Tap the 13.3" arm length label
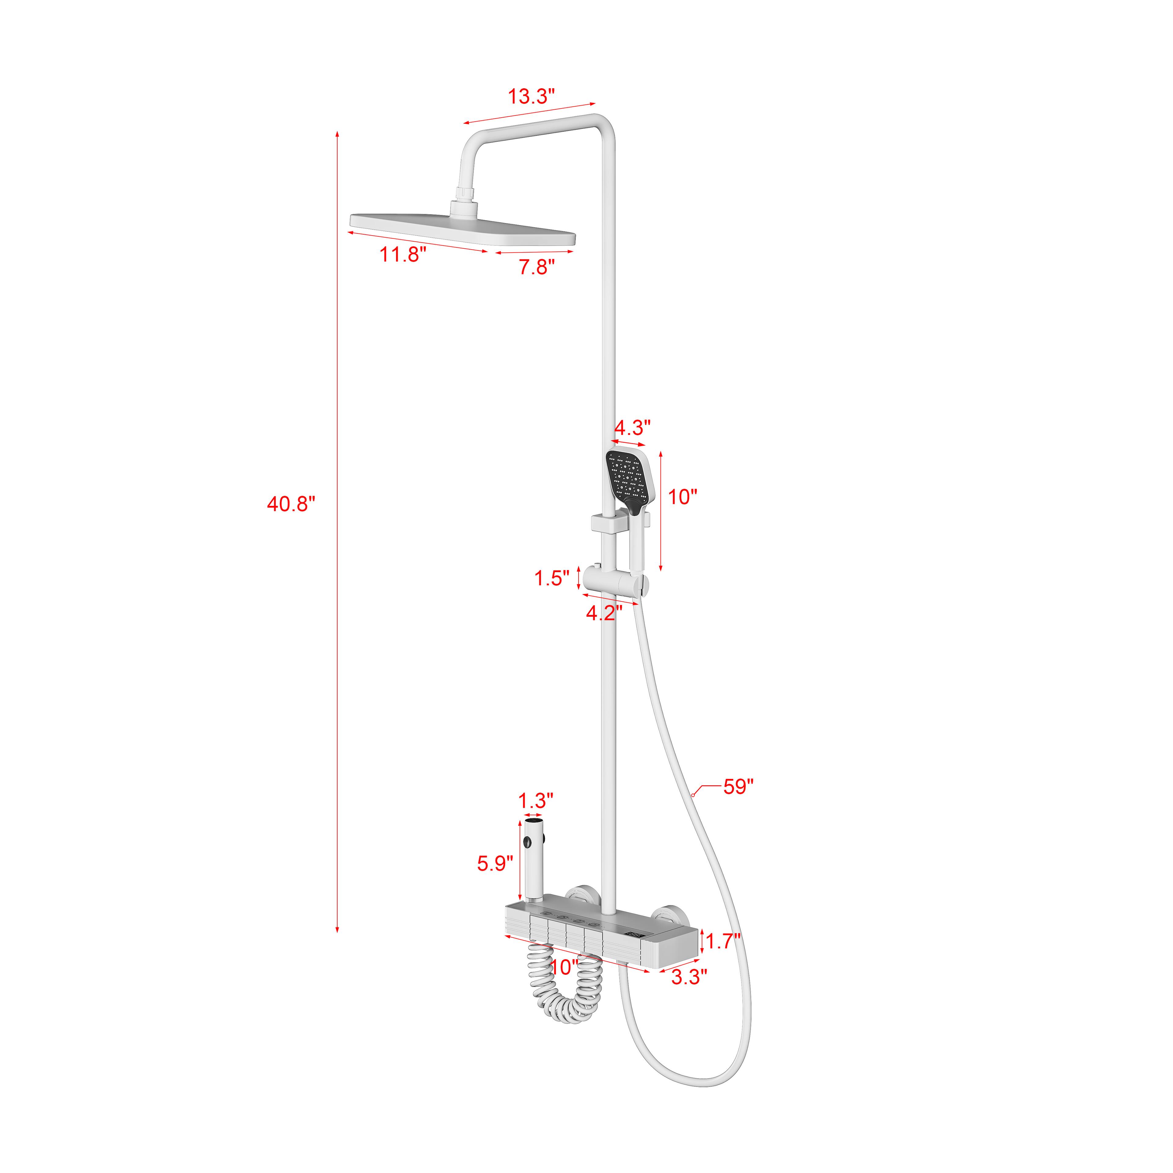531,96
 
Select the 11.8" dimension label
403,254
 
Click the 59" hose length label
738,787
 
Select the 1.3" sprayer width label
535,801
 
